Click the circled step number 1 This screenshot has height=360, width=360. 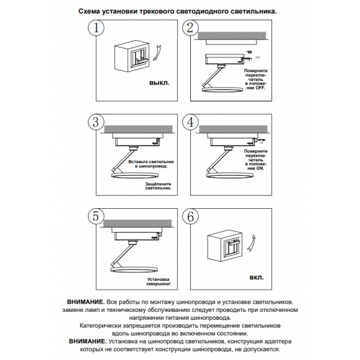pyautogui.click(x=96, y=28)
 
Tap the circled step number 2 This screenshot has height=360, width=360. pyautogui.click(x=190, y=28)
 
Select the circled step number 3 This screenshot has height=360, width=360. pyautogui.click(x=96, y=122)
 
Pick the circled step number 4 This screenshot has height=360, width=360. pyautogui.click(x=190, y=122)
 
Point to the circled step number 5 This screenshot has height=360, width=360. pyautogui.click(x=96, y=217)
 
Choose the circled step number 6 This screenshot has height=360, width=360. pyautogui.click(x=190, y=217)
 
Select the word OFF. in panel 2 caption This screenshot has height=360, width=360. pyautogui.click(x=260, y=88)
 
